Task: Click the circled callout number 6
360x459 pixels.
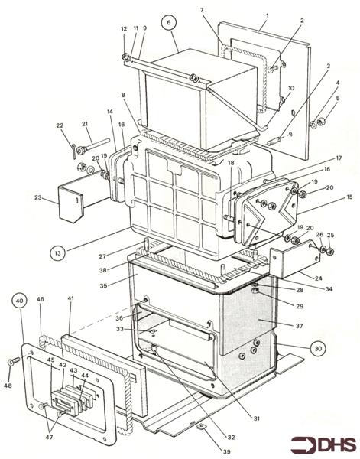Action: (167, 24)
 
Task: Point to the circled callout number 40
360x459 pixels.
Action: (21, 301)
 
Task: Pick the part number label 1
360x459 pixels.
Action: (267, 15)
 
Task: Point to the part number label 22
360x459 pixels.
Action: (60, 126)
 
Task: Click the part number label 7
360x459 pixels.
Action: (202, 10)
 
